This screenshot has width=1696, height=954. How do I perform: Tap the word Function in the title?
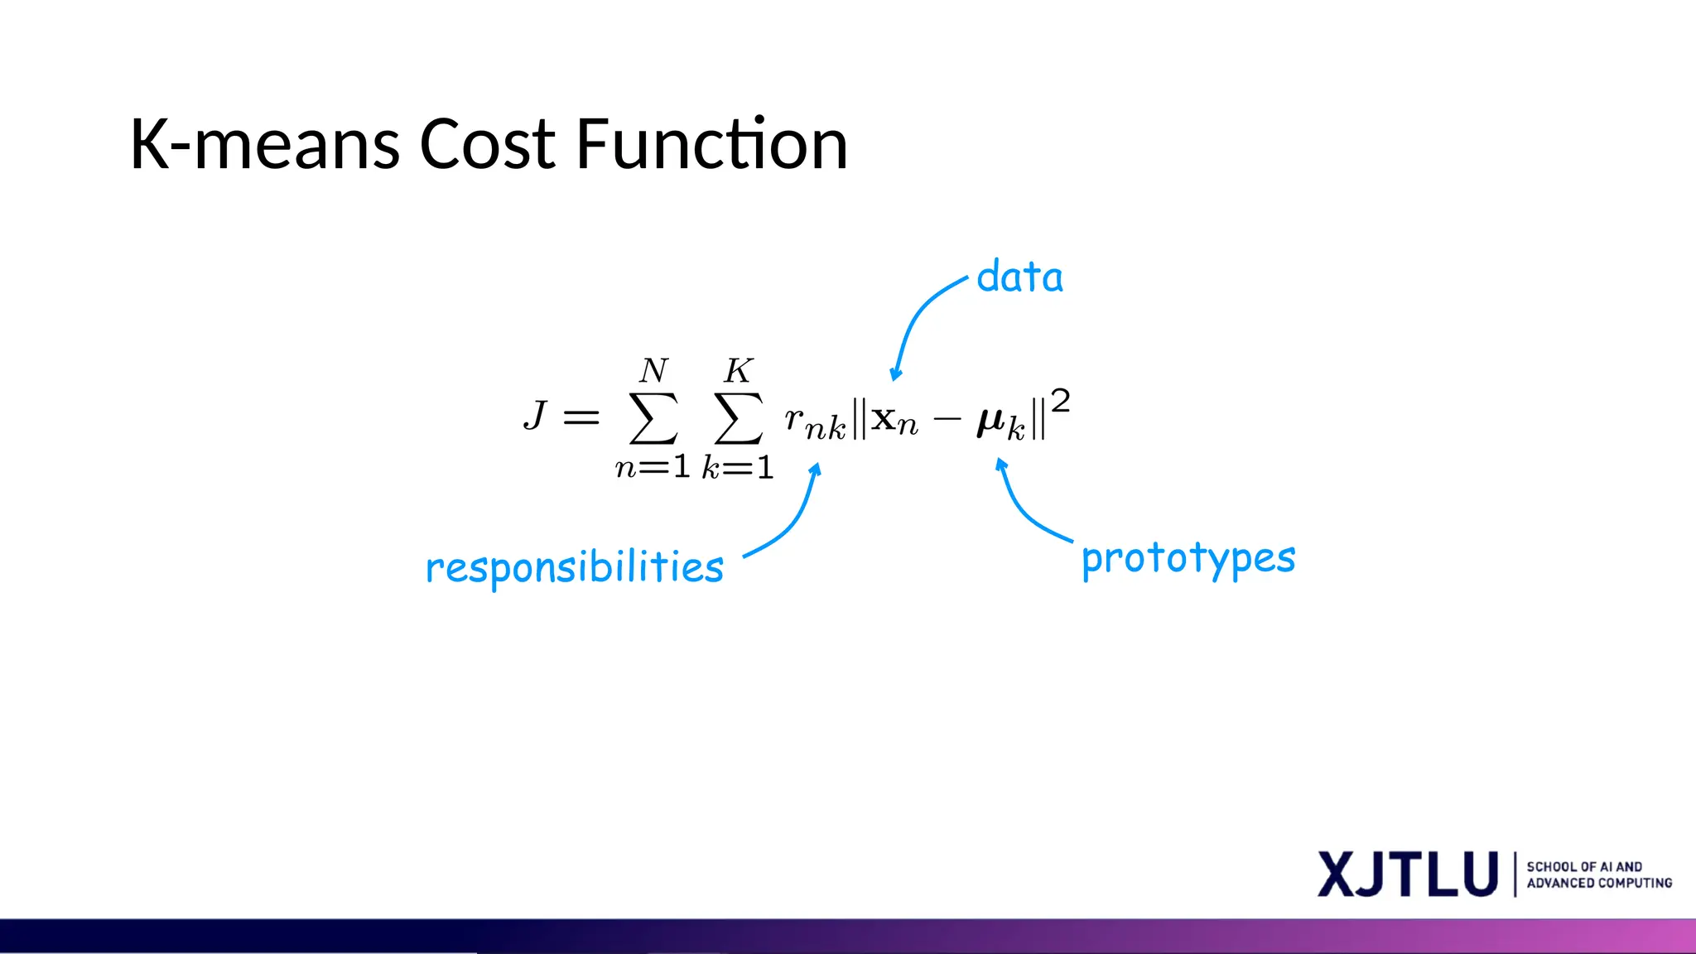711,145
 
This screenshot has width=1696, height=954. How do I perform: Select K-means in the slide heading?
265,145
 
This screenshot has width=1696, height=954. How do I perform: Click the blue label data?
1019,277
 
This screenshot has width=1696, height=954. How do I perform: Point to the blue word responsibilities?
574,567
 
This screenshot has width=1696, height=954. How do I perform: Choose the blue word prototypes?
1188,558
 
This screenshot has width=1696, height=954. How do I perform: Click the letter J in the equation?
536,415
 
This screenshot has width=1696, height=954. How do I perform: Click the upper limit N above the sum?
653,370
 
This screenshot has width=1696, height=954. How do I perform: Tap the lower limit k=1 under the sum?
737,468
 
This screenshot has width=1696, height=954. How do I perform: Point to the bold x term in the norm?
884,420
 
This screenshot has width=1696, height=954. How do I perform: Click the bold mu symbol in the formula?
990,422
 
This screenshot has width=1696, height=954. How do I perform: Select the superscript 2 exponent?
1060,402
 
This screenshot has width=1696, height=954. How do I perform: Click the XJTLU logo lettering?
1408,874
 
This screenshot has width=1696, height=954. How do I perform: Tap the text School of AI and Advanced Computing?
1598,874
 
